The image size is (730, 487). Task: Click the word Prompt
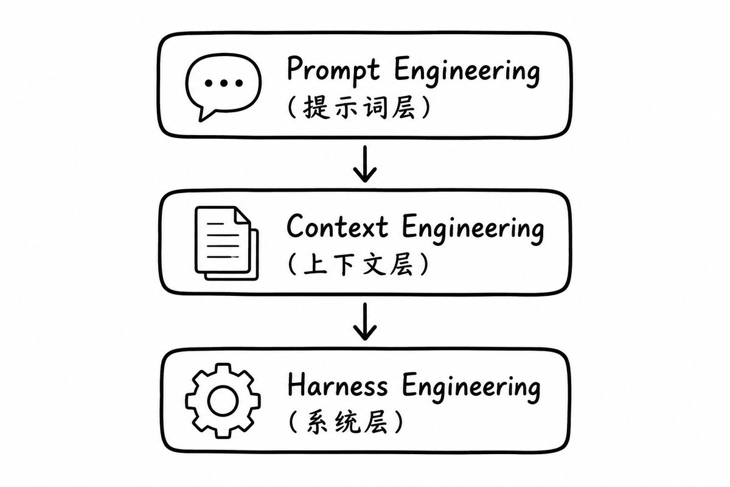[x=333, y=71]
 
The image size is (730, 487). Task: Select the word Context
[x=337, y=226]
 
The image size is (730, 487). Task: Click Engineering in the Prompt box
[x=467, y=72]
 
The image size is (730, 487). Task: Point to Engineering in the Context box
[x=473, y=229]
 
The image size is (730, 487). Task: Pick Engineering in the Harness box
[x=471, y=388]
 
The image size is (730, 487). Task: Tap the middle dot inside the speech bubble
[x=224, y=83]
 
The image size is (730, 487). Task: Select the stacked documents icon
[x=227, y=243]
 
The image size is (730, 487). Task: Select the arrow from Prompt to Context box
[x=365, y=164]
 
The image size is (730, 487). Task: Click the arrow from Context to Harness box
[x=365, y=321]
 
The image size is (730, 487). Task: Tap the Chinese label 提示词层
[x=360, y=107]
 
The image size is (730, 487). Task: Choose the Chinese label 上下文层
[x=358, y=264]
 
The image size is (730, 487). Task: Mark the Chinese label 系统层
[x=347, y=422]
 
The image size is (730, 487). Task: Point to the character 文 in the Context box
[x=374, y=264]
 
